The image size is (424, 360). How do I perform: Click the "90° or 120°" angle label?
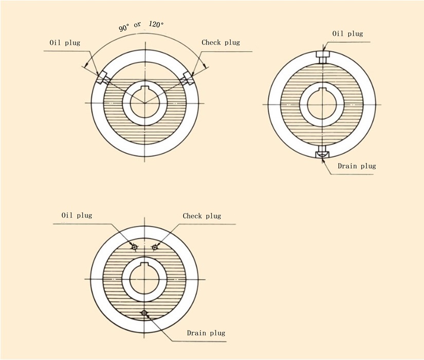click(141, 26)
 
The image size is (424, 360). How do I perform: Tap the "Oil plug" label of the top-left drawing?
click(65, 43)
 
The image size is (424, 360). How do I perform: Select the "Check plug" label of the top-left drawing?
click(220, 43)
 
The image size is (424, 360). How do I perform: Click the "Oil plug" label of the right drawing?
click(347, 33)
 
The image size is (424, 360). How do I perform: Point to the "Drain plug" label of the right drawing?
click(357, 166)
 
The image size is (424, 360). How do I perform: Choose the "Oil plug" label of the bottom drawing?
click(77, 215)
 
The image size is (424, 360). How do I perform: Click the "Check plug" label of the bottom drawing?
click(202, 215)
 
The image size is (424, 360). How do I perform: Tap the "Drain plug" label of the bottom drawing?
click(206, 333)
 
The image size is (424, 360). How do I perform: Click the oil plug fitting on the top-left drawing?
click(103, 78)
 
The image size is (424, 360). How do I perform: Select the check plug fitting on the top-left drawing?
click(187, 78)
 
